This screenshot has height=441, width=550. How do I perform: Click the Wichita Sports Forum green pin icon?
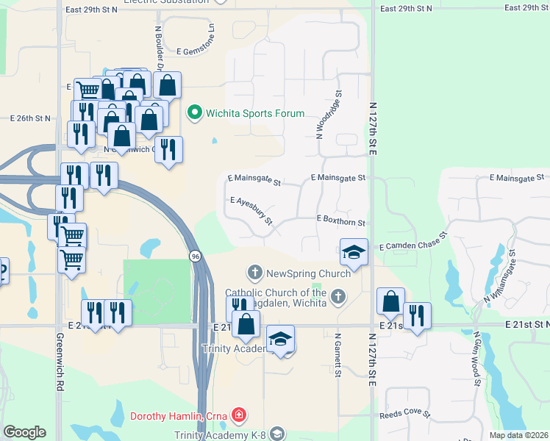point(195,113)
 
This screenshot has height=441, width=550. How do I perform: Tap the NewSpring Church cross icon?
point(255,273)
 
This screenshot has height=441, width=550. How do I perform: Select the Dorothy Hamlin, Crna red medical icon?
point(238,416)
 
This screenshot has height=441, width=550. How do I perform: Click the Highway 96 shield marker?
point(194,256)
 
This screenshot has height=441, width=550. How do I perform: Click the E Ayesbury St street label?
point(251,210)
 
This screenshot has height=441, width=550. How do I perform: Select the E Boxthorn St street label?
point(340,220)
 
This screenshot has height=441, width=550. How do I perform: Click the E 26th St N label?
point(30,118)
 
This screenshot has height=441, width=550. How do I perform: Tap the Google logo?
point(24,432)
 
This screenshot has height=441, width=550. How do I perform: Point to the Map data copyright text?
point(518,435)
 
